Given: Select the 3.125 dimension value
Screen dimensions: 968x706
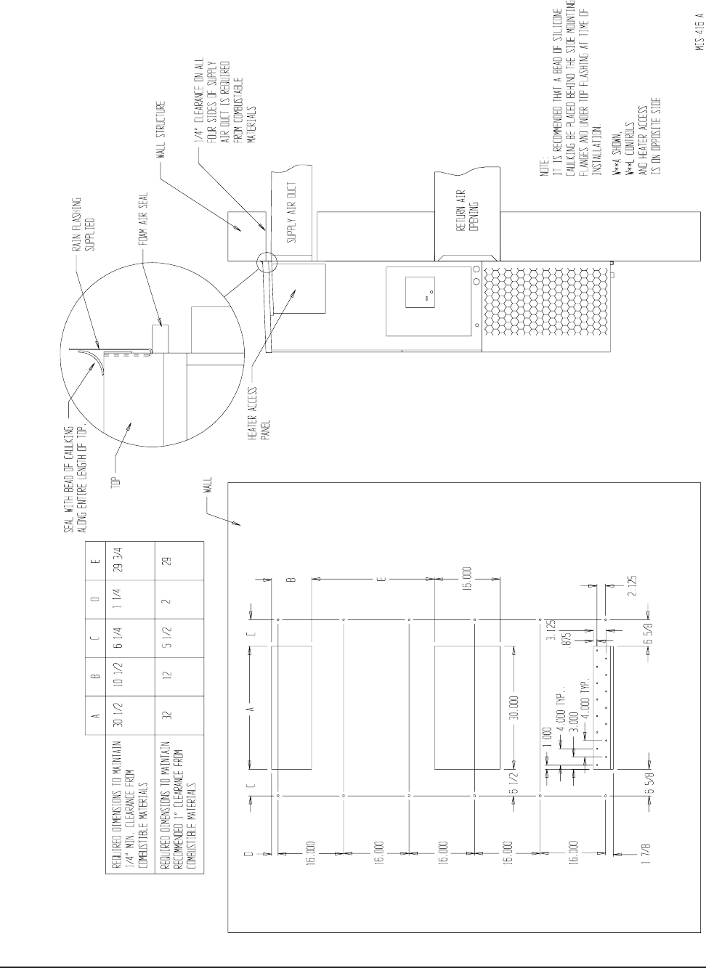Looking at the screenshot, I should [551, 632].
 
